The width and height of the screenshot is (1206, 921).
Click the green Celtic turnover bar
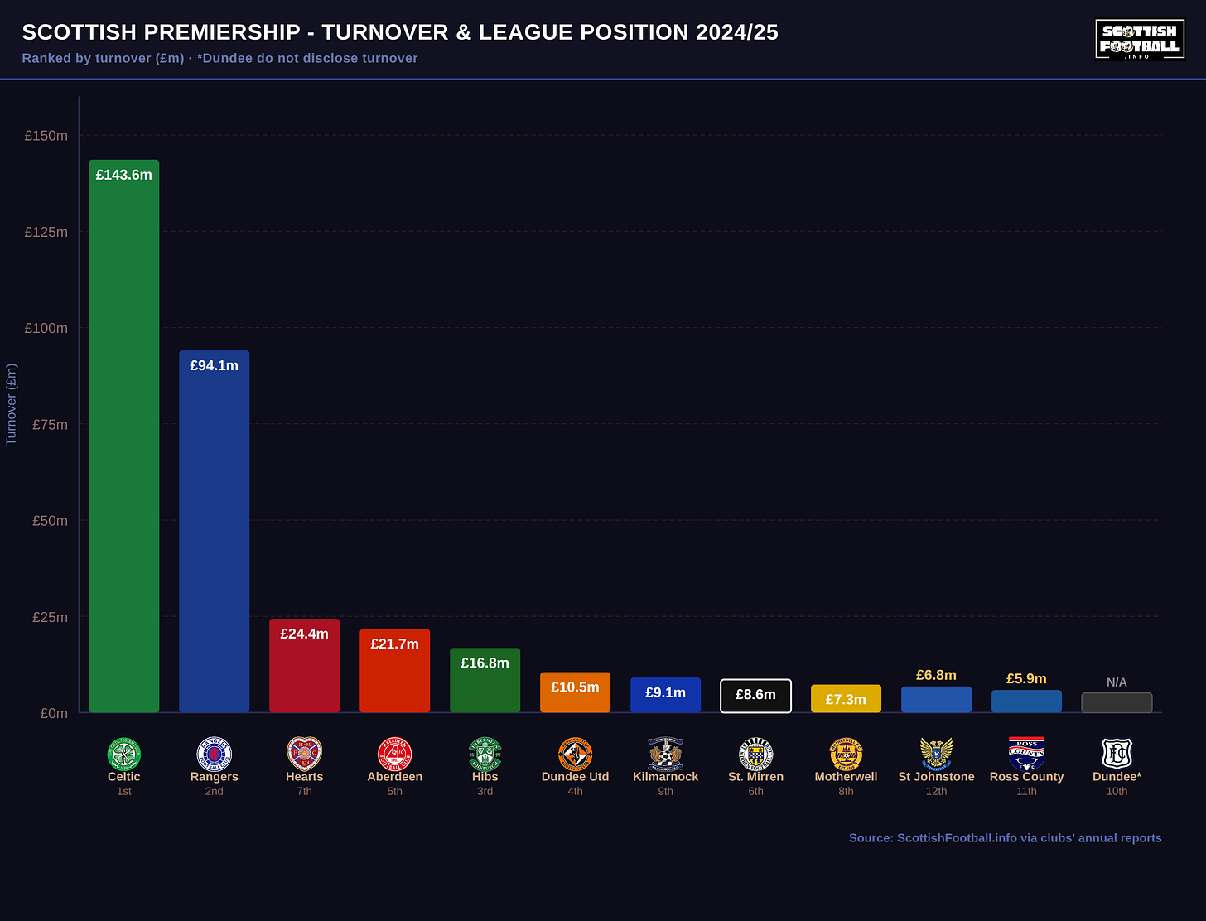[x=123, y=436]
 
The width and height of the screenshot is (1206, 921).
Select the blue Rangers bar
[x=215, y=531]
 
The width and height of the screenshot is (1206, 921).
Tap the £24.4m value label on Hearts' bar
[x=304, y=634]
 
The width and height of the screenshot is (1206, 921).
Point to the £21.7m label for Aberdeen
[x=394, y=644]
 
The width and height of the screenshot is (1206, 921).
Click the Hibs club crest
[x=485, y=754]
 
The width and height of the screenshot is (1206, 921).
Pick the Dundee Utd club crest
[x=576, y=754]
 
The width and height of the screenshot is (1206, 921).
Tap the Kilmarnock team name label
[x=665, y=777]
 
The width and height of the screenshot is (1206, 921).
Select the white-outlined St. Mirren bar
[x=755, y=696]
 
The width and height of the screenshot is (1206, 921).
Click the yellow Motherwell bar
[x=847, y=698]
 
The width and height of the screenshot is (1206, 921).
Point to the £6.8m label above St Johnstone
[x=936, y=675]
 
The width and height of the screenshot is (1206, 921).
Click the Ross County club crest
[x=1026, y=754]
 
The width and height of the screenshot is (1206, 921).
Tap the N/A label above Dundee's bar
[x=1117, y=682]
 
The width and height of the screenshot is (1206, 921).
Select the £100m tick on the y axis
[x=46, y=329]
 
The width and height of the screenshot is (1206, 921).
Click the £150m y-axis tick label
[x=46, y=136]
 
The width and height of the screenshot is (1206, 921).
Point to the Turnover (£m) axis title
[x=11, y=404]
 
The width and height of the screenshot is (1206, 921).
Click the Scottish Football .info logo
[x=1140, y=40]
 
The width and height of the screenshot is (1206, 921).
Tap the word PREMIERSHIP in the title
[x=222, y=32]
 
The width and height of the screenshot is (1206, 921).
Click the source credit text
[x=1005, y=838]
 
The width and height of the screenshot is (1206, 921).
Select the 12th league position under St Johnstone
[x=936, y=792]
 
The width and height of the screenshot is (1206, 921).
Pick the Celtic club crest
[x=123, y=754]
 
